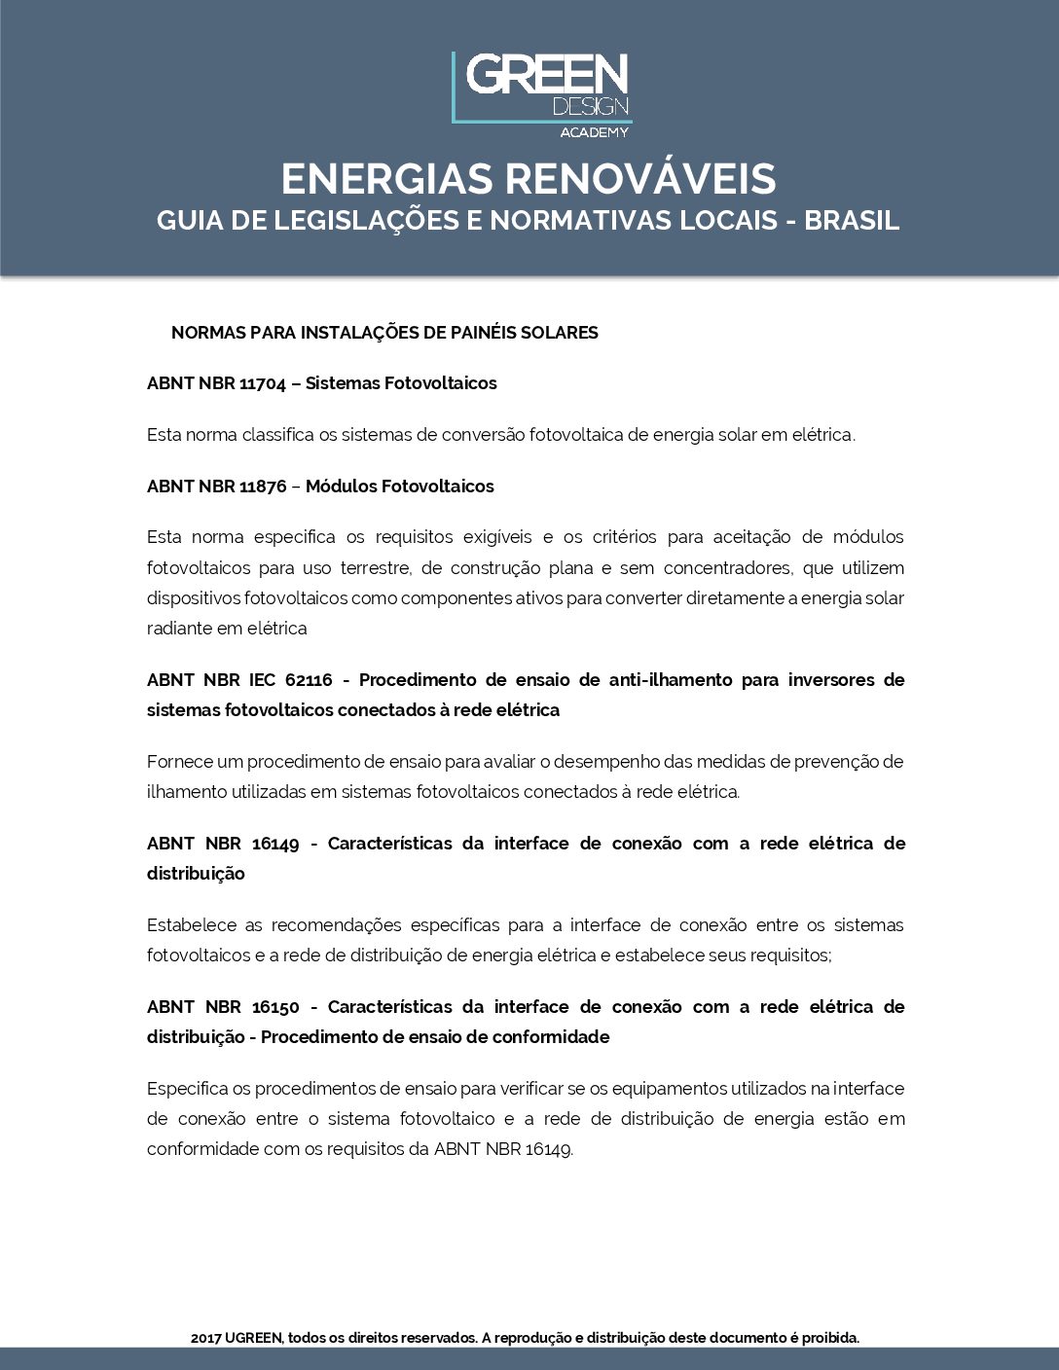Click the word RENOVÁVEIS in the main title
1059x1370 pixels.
[x=640, y=179]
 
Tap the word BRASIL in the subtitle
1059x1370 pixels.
[x=851, y=221]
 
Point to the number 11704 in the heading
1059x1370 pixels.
[x=263, y=383]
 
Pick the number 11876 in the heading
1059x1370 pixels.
[x=263, y=487]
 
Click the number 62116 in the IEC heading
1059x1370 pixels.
[x=309, y=680]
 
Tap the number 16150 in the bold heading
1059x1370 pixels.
[x=275, y=1007]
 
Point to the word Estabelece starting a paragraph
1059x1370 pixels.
[x=191, y=925]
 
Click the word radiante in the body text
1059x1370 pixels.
[x=179, y=629]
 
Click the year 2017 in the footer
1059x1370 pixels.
[x=206, y=1338]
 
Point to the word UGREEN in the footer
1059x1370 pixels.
[x=253, y=1338]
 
